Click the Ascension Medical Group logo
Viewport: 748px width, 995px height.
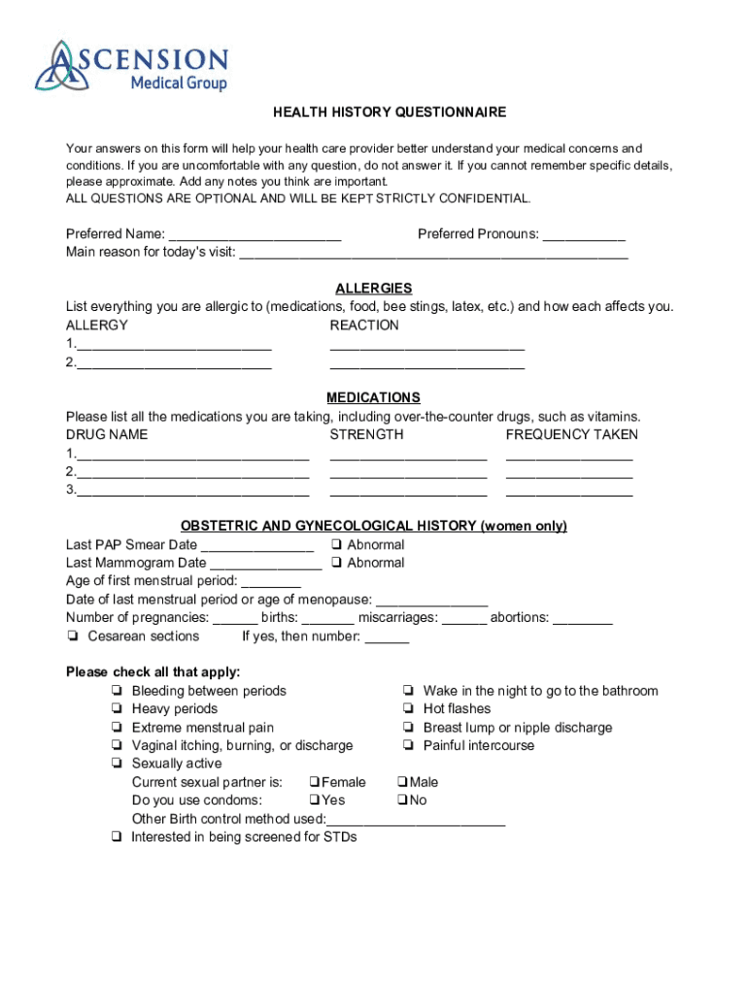pyautogui.click(x=131, y=66)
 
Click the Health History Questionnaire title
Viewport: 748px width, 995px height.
pyautogui.click(x=389, y=113)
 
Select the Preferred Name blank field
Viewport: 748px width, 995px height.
pyautogui.click(x=255, y=235)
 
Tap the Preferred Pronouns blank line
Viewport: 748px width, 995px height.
pyautogui.click(x=583, y=235)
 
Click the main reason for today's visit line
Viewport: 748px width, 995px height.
pyautogui.click(x=433, y=254)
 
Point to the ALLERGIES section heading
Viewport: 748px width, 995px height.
pyautogui.click(x=373, y=289)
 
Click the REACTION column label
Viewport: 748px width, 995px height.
pyautogui.click(x=364, y=326)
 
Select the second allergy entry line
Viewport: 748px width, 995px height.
pyautogui.click(x=174, y=363)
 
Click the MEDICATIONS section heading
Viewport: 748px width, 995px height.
pyautogui.click(x=373, y=398)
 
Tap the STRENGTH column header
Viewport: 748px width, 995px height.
pyautogui.click(x=366, y=435)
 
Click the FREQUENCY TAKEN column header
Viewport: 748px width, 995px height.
pyautogui.click(x=571, y=435)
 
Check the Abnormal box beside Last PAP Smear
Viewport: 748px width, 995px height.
pyautogui.click(x=335, y=545)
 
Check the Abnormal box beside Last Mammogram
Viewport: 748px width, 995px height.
pyautogui.click(x=335, y=563)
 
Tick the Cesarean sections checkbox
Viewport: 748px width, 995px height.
pyautogui.click(x=73, y=636)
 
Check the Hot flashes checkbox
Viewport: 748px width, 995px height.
pyautogui.click(x=407, y=709)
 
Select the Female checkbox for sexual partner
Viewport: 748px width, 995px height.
pyautogui.click(x=315, y=782)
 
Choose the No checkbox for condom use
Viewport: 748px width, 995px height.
pyautogui.click(x=402, y=801)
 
